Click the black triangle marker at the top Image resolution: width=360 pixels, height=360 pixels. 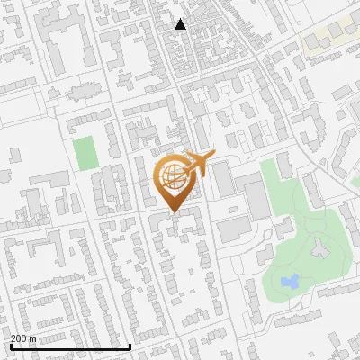[x=181, y=25]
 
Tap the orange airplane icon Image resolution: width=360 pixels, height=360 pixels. [x=196, y=165]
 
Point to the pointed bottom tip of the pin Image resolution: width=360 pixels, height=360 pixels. [x=172, y=212]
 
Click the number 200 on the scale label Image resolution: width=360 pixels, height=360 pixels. [x=18, y=338]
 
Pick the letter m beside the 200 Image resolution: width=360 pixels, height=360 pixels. [x=32, y=338]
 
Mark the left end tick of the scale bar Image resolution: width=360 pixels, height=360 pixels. [x=10, y=346]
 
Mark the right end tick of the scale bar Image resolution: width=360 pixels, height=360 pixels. [x=131, y=346]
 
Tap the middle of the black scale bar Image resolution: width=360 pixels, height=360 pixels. [x=70, y=346]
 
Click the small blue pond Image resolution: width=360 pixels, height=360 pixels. [x=290, y=282]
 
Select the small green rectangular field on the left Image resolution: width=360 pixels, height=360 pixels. [x=85, y=153]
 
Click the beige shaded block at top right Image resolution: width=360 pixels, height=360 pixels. [x=328, y=37]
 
